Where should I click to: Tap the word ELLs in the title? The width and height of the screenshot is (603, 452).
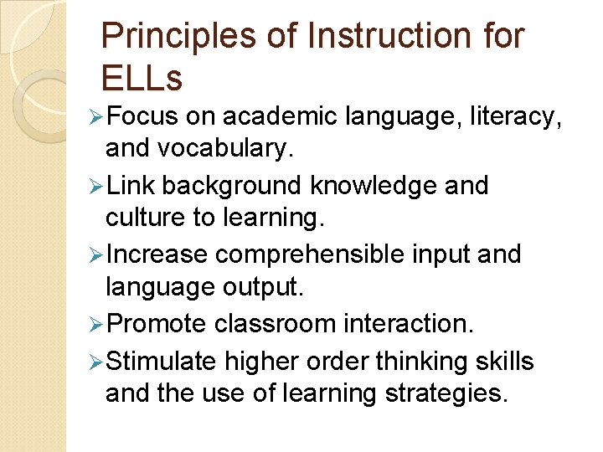pos(141,78)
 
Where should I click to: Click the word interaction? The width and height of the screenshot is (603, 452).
pos(412,323)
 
